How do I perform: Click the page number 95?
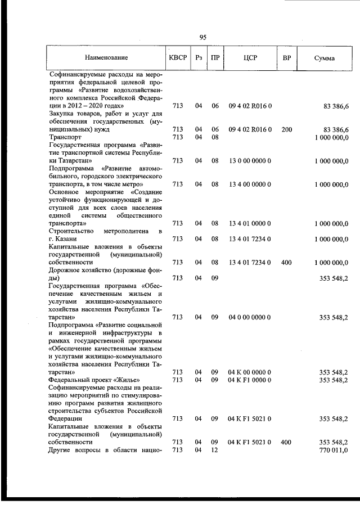[203, 37]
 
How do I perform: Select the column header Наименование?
[106, 58]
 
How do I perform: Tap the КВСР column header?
[177, 58]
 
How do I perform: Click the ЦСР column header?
[250, 58]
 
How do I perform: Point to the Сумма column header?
[325, 58]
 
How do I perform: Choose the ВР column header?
[286, 58]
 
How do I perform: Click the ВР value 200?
[286, 129]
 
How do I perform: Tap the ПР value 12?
[214, 451]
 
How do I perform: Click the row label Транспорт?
[65, 137]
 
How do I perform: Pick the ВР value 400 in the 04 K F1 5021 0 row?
[286, 443]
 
